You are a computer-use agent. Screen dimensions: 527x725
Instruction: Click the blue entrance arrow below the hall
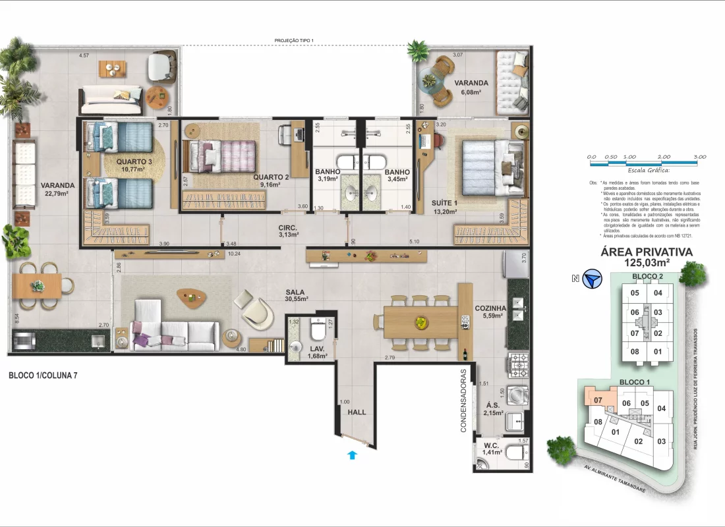point(353,454)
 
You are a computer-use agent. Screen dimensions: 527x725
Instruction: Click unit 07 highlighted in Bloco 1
point(598,400)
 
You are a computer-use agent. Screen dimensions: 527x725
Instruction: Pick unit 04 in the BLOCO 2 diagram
point(658,293)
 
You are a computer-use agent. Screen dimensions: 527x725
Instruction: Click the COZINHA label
point(490,308)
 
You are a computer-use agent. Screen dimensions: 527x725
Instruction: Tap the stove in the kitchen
point(518,363)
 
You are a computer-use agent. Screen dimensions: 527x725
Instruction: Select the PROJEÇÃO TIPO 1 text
point(294,41)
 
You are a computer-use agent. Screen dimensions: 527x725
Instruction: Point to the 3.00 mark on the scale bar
point(699,157)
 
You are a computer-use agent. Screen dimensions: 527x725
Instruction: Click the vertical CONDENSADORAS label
point(464,400)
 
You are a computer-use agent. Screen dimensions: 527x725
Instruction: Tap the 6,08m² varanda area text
point(471,93)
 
